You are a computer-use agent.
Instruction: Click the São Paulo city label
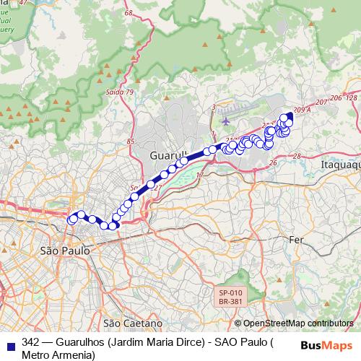coord(59,251)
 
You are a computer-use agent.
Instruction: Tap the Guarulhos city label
coord(168,155)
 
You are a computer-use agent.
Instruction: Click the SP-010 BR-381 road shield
coord(232,297)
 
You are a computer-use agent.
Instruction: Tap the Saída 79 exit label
coord(119,92)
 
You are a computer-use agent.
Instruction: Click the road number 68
coord(129,13)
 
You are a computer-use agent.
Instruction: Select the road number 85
coord(131,142)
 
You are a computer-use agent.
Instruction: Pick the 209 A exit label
coord(302,110)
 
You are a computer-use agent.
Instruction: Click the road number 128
coord(352,97)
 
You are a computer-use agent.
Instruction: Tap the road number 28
coord(296,156)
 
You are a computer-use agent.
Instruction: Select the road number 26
coord(273,163)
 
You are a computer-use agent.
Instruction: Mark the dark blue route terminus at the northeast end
coord(290,116)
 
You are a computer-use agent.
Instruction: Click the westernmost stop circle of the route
coord(71,219)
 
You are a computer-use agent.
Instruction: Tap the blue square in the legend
coord(10,343)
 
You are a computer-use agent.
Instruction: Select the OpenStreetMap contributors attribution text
coord(297,323)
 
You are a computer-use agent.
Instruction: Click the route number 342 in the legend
coord(30,342)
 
